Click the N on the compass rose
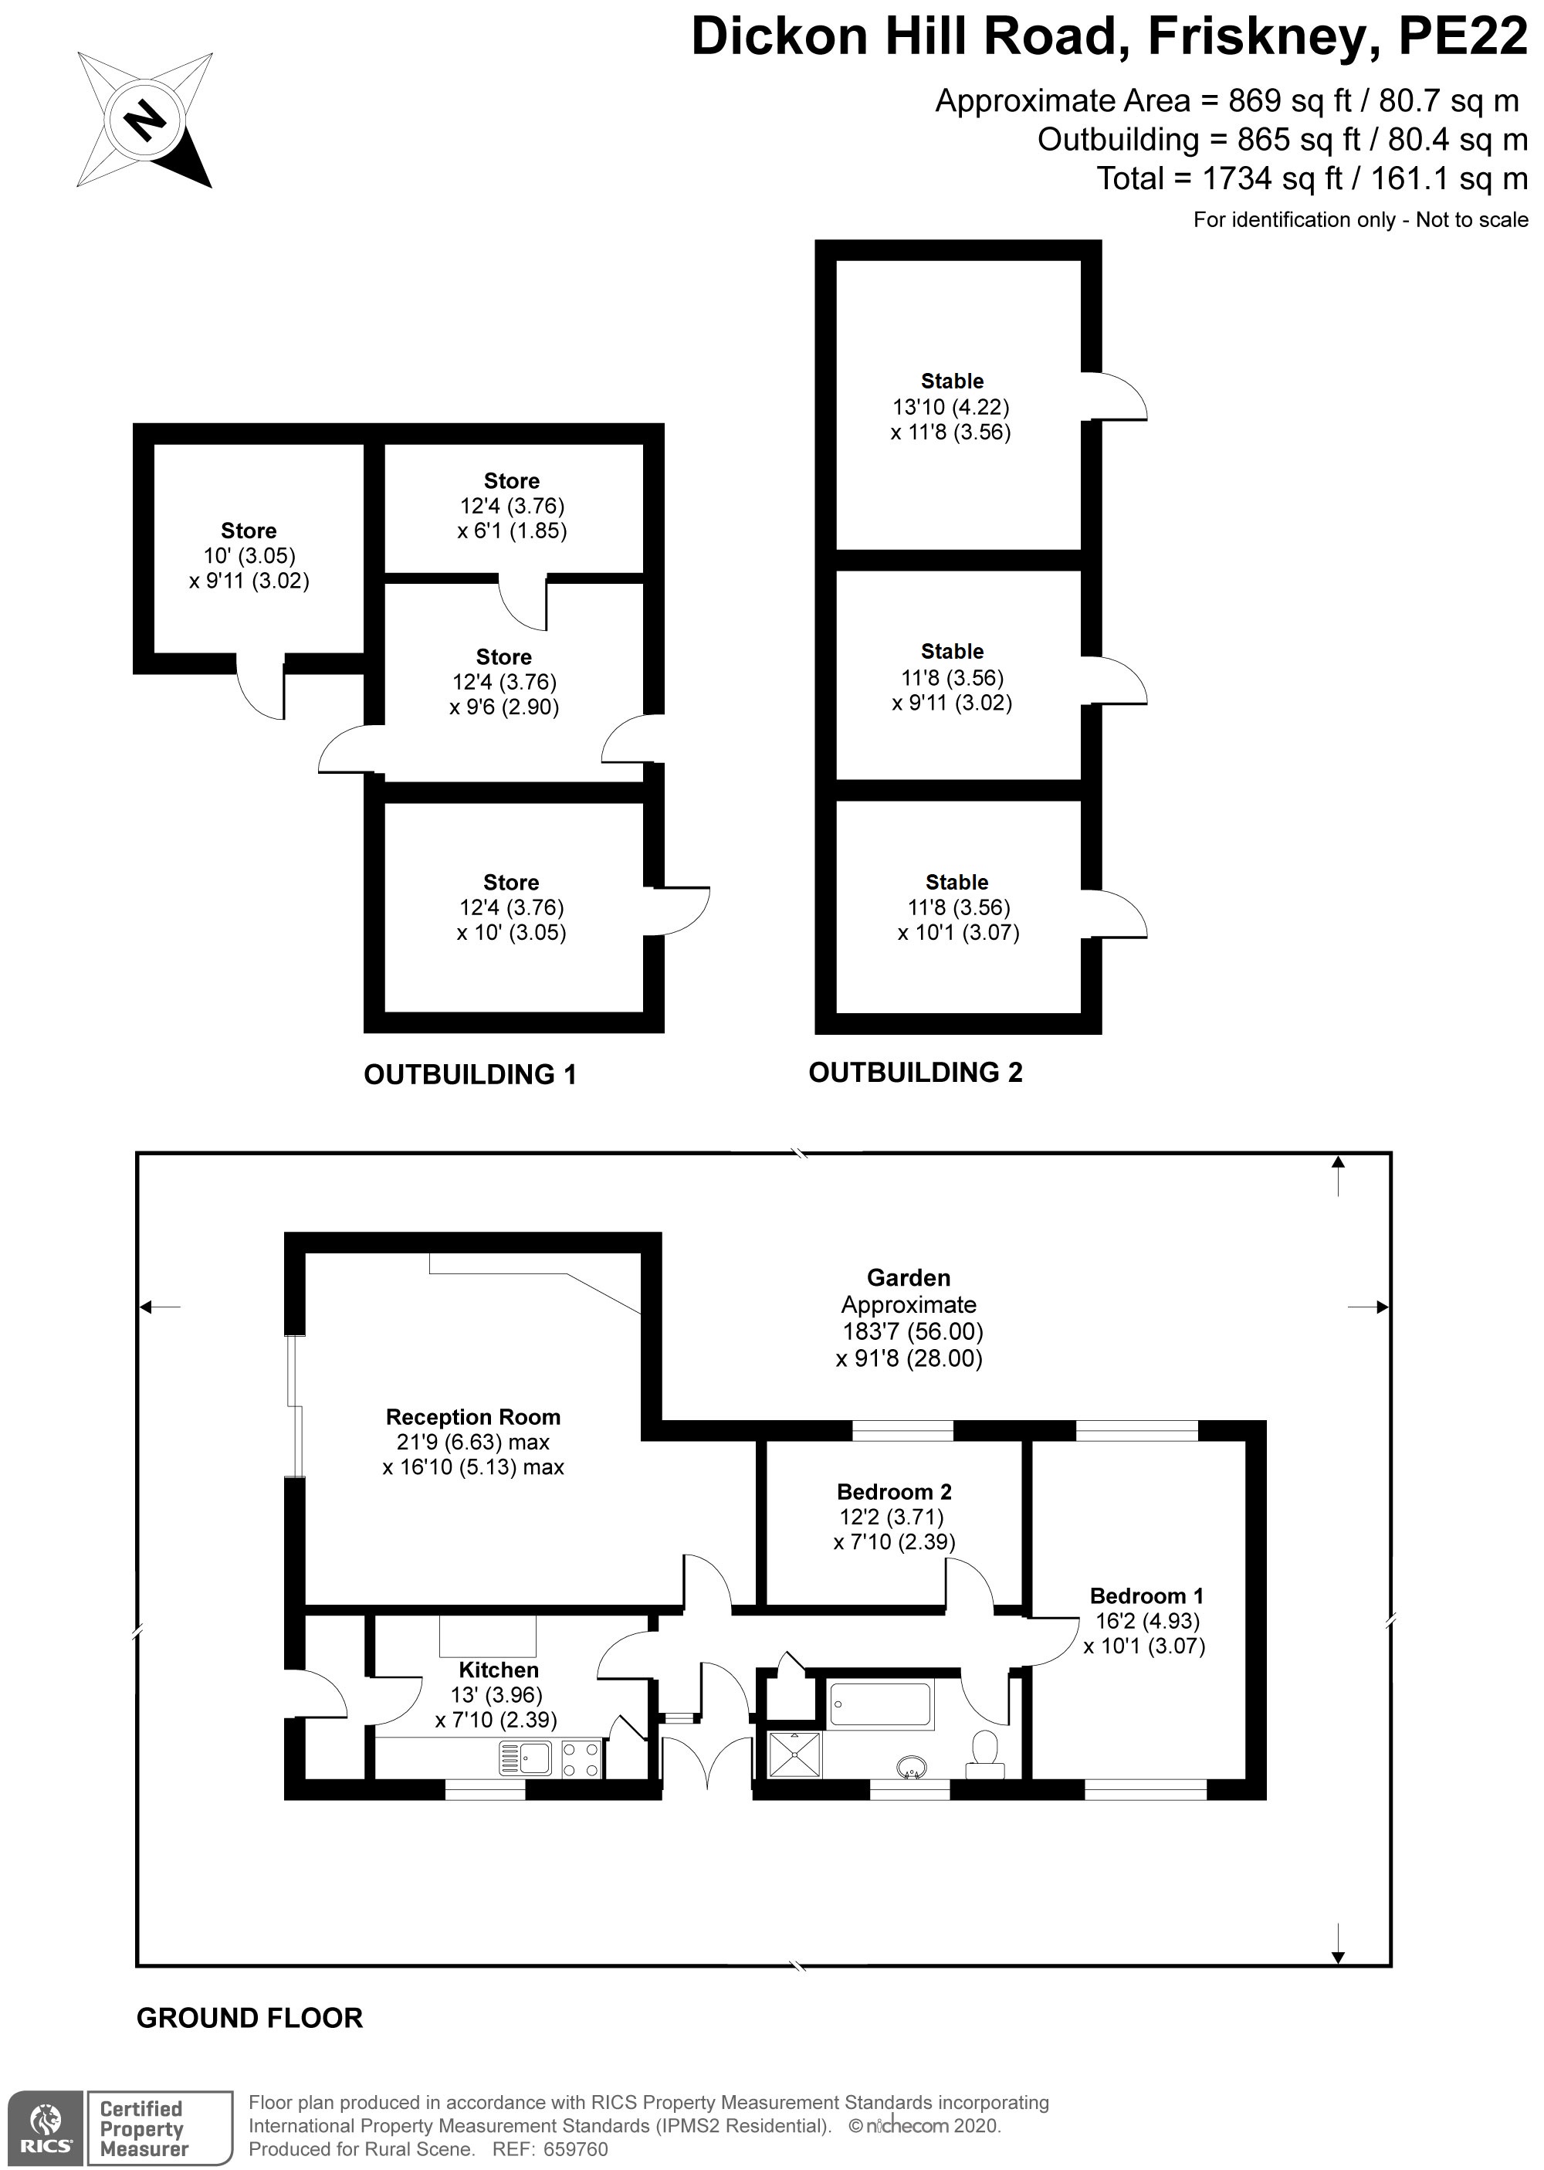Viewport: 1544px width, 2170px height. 144,120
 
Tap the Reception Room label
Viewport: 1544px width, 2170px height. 472,1417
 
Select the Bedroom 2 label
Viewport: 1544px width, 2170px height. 894,1492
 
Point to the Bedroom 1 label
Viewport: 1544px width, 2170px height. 1146,1595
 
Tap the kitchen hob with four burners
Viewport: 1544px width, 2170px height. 582,1758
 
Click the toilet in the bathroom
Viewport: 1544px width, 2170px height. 985,1755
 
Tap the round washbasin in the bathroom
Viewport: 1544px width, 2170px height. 913,1766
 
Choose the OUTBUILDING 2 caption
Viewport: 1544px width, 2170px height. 915,1073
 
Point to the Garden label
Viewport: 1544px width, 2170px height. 908,1278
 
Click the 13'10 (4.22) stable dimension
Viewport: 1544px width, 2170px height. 951,407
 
